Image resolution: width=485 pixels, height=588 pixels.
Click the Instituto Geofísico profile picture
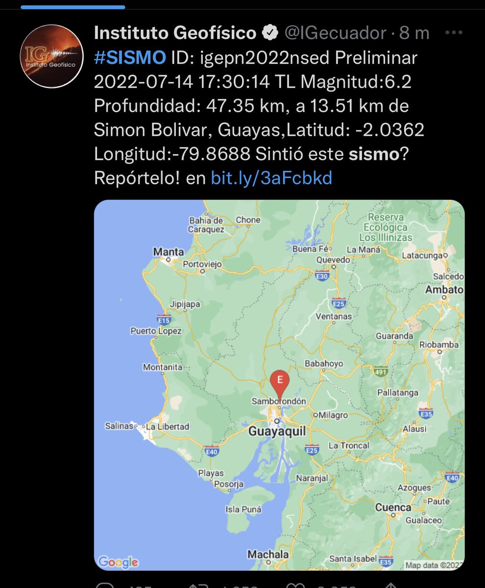[51, 56]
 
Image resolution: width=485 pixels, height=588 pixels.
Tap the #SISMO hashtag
[129, 58]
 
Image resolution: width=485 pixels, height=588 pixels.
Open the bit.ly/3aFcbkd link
[271, 178]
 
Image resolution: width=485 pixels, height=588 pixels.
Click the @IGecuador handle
[336, 33]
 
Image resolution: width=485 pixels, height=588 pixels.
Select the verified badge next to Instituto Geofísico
[269, 33]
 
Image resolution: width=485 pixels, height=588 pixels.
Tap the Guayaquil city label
[277, 432]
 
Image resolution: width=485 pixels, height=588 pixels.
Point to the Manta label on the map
[169, 252]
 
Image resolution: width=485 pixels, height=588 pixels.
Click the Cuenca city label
[393, 507]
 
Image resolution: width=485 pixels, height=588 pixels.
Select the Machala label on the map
[268, 554]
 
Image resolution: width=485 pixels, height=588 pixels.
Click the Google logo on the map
[118, 562]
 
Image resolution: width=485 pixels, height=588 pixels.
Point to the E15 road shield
[164, 320]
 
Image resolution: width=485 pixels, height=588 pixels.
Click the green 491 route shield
[380, 371]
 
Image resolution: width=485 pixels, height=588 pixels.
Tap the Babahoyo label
[324, 364]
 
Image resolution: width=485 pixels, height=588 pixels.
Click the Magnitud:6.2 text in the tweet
[356, 81]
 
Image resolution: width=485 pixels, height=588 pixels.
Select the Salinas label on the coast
[119, 426]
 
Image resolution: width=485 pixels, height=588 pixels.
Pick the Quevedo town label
[333, 260]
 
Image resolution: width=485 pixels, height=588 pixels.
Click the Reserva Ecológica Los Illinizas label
[386, 227]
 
